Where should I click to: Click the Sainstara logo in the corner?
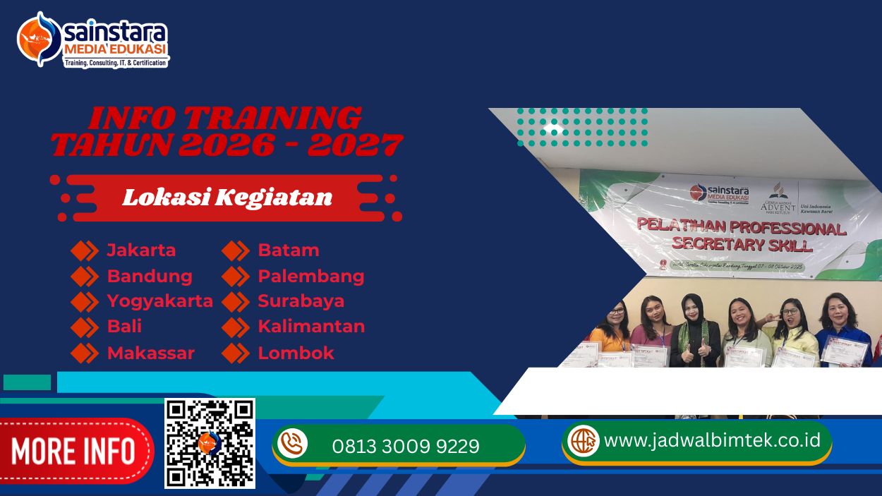(92, 40)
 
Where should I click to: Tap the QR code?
(210, 443)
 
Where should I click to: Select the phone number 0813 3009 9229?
(406, 446)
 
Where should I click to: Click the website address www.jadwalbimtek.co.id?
(712, 440)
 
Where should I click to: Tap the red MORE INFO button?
(73, 451)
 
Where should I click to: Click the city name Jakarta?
(141, 250)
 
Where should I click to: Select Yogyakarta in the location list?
(159, 301)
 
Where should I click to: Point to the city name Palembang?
(310, 276)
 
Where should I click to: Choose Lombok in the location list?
(296, 353)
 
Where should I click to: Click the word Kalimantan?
(311, 327)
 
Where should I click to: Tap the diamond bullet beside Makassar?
(85, 353)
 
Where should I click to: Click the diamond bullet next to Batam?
(236, 250)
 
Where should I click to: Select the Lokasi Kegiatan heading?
(227, 198)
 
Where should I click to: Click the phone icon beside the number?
(292, 444)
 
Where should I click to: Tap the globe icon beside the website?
(583, 440)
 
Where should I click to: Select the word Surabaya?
(301, 301)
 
